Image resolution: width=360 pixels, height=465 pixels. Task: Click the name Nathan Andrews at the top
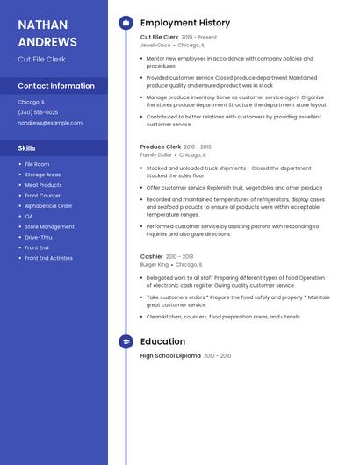pos(47,32)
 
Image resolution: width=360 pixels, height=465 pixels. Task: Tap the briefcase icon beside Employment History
pos(126,23)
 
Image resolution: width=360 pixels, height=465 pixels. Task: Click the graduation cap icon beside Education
pos(126,341)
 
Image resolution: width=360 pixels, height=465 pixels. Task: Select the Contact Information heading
pos(56,86)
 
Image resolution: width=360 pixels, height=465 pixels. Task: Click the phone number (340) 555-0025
pos(38,112)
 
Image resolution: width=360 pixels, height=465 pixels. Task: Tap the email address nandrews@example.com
pos(50,123)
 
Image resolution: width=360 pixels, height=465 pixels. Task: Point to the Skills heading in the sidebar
pos(27,148)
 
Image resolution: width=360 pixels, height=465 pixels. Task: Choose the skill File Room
pos(37,164)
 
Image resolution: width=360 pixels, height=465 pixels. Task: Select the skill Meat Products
pos(43,185)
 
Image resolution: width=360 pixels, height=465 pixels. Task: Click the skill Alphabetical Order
pos(48,206)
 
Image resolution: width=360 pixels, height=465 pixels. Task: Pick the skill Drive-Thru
pos(39,237)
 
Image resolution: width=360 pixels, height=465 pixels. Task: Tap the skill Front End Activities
pos(48,258)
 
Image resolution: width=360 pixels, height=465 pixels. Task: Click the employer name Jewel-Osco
pos(155,45)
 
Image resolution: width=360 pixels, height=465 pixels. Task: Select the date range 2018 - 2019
pos(198,147)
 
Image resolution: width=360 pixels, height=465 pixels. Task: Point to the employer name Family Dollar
pos(155,154)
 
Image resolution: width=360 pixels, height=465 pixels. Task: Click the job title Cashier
pos(152,256)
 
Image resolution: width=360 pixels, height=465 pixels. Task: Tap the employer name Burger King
pos(155,264)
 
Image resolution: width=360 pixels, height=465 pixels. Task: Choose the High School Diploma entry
pos(170,355)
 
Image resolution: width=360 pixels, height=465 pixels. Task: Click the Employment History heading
pos(185,23)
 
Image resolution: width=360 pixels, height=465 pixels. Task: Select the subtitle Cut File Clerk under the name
pos(41,59)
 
